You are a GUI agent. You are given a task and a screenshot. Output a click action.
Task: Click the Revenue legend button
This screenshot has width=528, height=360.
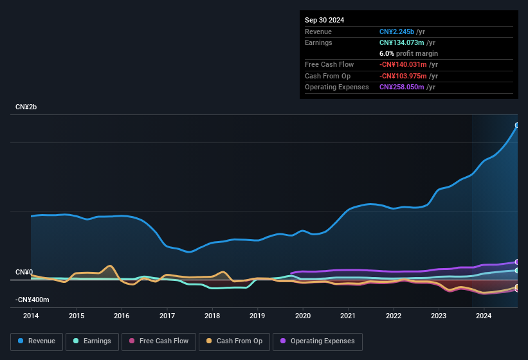(37, 341)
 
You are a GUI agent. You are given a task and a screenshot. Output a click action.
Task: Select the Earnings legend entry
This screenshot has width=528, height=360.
(93, 341)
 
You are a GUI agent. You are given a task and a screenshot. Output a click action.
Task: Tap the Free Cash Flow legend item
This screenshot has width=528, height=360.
(159, 341)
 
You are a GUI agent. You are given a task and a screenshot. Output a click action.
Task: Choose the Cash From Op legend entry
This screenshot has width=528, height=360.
(235, 341)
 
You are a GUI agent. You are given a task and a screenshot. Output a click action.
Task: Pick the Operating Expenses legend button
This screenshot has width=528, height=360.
(318, 341)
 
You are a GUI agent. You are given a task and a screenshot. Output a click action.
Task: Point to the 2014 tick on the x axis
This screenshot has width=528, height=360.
(31, 316)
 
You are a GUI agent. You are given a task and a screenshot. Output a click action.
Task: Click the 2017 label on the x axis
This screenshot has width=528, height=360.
(167, 316)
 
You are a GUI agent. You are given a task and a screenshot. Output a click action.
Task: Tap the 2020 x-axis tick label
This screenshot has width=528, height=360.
(303, 316)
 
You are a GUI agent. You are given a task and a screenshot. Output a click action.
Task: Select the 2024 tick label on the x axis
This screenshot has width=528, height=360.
(484, 316)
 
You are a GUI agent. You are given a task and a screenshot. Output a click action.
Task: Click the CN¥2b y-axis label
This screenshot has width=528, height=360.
(26, 107)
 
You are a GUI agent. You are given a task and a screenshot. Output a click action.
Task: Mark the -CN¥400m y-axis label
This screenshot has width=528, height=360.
(32, 300)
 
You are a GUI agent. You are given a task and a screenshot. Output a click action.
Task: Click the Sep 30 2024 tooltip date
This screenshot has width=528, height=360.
(324, 20)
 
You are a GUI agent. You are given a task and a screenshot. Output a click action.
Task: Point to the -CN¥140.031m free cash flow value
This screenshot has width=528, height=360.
(403, 64)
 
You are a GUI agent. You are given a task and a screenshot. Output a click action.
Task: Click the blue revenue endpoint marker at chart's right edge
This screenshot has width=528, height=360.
(516, 125)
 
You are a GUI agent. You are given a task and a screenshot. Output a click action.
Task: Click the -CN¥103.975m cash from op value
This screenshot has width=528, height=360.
(403, 76)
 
